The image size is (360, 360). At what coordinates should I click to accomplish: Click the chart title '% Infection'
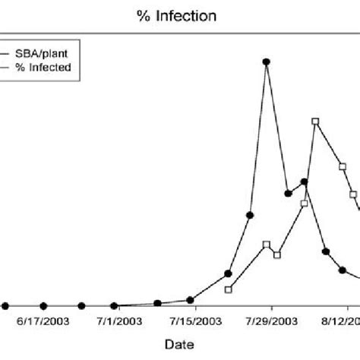coord(180,15)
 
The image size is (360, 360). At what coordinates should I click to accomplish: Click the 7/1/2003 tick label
coord(119,321)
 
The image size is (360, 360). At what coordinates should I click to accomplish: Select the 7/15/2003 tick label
coord(196,321)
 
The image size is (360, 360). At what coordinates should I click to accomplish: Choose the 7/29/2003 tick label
coord(272,321)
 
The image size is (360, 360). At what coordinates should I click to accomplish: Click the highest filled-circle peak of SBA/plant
coord(267,62)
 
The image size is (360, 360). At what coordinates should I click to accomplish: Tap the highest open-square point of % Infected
coord(315,122)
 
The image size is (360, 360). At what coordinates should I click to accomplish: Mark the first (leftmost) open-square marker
coord(229,289)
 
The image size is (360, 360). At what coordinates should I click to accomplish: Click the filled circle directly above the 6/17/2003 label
coord(43,305)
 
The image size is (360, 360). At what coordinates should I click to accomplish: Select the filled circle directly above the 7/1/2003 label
coord(114,305)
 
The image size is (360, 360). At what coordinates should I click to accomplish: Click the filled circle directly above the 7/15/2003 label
coord(190,300)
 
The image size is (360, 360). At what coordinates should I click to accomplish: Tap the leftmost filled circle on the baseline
coord(5,305)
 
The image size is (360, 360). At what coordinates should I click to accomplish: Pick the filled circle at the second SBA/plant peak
coord(304,182)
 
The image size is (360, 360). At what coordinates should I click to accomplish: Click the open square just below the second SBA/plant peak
coord(304,204)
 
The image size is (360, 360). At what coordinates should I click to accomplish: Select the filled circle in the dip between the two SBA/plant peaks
coord(288,194)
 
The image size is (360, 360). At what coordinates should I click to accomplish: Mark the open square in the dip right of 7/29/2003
coord(276,254)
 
